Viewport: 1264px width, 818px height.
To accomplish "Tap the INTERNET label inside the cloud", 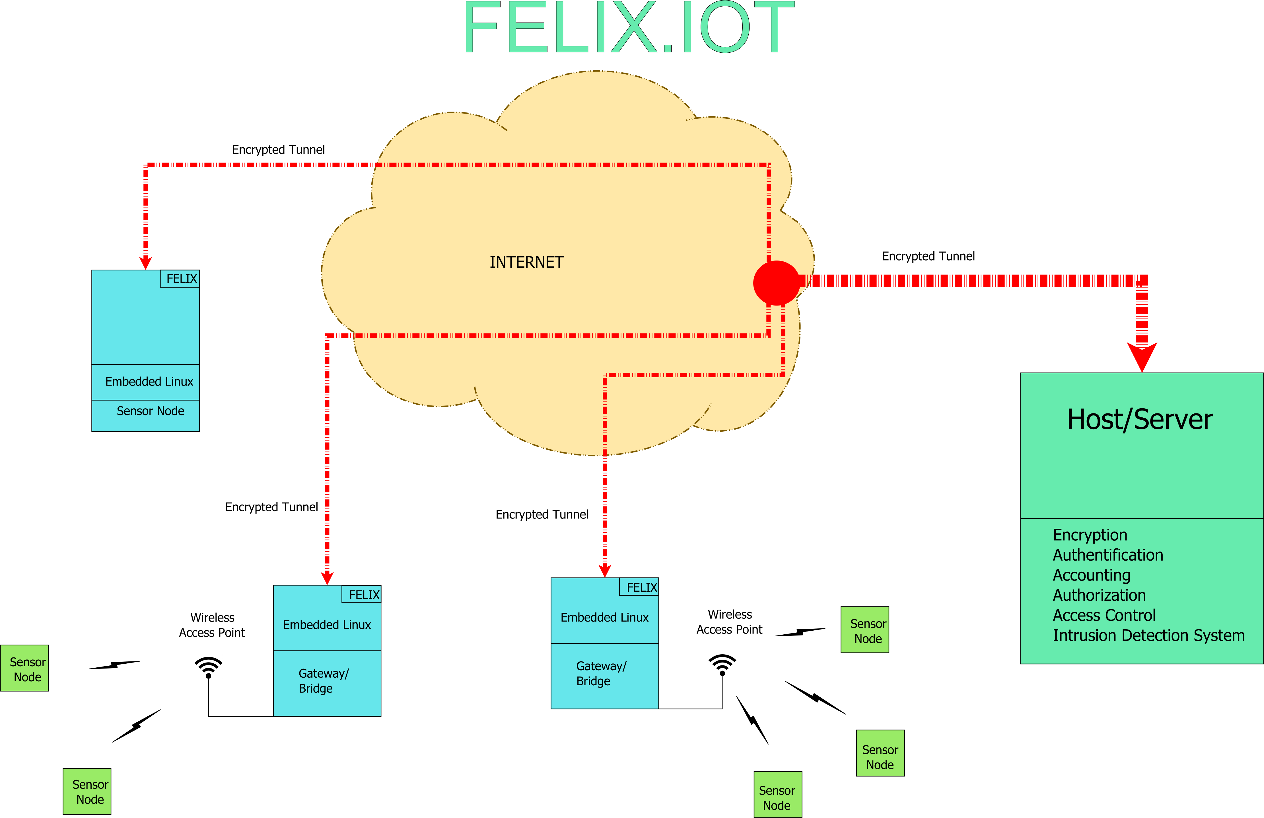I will click(x=526, y=263).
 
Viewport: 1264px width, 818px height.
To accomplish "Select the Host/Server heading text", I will click(x=1140, y=420).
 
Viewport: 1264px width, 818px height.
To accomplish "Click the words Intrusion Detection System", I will click(x=1148, y=635).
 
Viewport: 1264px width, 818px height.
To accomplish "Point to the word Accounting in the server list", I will click(x=1092, y=575).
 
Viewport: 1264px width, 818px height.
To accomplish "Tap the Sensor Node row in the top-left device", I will click(x=150, y=411).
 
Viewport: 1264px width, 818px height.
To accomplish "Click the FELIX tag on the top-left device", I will click(x=180, y=279).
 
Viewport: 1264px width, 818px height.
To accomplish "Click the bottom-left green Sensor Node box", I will click(x=87, y=792).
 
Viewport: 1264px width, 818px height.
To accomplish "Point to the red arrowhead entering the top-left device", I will click(x=145, y=263).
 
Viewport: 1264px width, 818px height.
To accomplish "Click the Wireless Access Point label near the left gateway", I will click(x=212, y=625).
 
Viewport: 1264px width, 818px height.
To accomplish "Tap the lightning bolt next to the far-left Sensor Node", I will click(x=114, y=665).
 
